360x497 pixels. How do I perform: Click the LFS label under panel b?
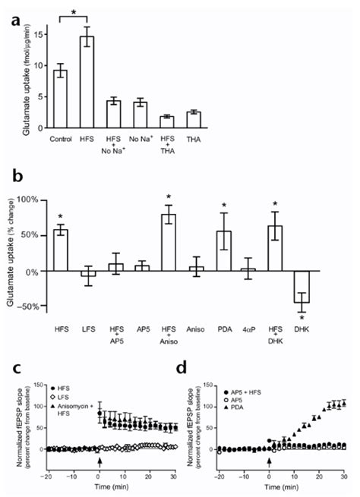click(94, 330)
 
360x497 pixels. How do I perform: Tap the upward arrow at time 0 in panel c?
click(99, 460)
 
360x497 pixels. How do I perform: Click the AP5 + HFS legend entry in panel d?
click(248, 370)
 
